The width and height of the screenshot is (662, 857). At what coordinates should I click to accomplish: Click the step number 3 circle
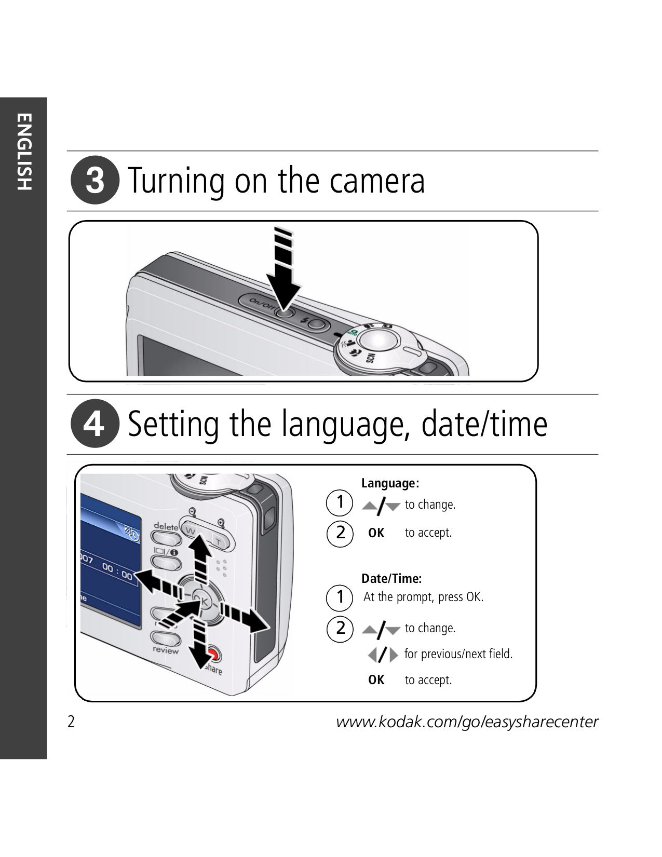pos(95,180)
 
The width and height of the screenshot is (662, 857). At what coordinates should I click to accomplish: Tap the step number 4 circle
pos(95,424)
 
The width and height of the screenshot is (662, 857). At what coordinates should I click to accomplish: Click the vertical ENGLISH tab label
pos(24,152)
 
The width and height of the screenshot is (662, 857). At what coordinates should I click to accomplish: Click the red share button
pos(213,655)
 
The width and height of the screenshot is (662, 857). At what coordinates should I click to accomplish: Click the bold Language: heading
pos(390,483)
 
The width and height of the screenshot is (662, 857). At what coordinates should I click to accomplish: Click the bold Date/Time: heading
pos(391,578)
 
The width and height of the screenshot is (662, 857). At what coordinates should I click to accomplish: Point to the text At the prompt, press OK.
pos(423,597)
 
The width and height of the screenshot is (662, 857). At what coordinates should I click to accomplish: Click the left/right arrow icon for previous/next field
pos(383,655)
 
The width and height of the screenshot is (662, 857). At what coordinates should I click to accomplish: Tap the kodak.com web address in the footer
pos(467,722)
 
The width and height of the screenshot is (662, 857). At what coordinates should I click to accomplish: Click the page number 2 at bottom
pos(71,722)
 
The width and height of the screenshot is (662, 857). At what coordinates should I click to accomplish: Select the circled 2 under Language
pos(340,533)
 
